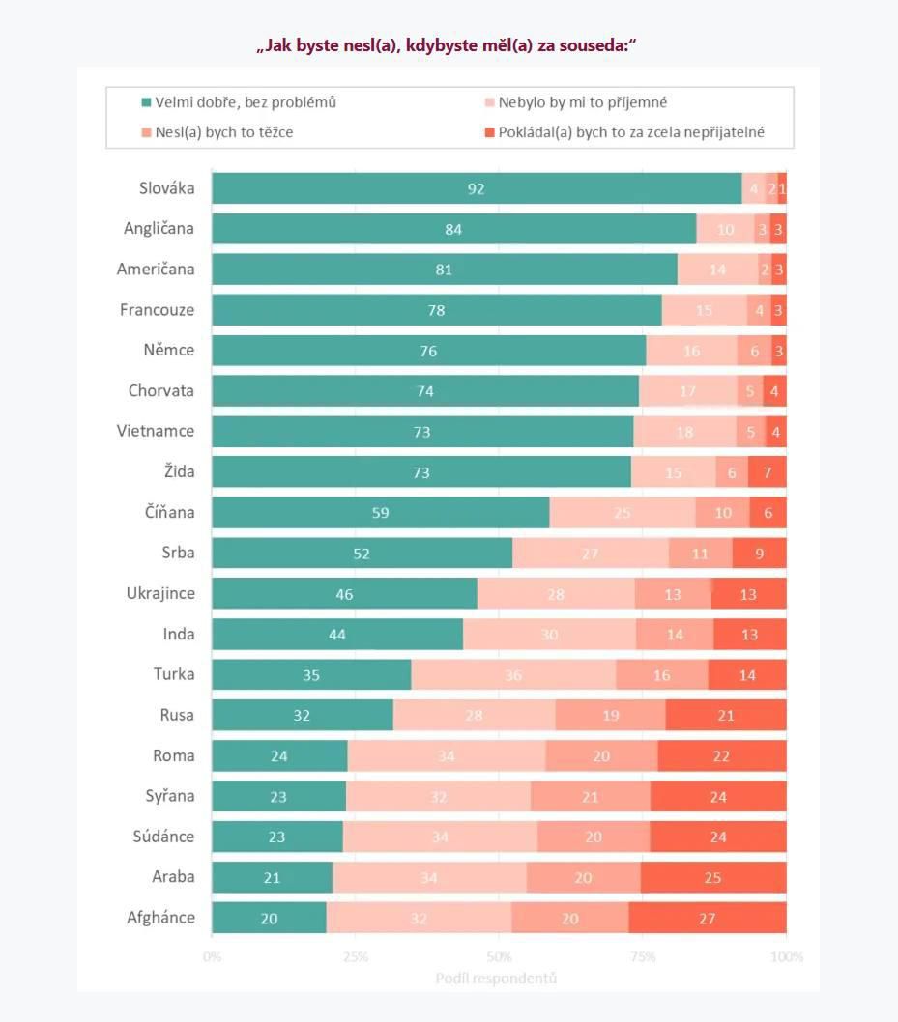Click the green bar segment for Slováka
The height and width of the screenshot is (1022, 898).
click(x=476, y=188)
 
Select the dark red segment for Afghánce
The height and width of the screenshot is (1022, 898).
click(x=708, y=918)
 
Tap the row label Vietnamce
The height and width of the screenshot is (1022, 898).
click(x=156, y=431)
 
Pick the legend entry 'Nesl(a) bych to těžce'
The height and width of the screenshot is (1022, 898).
click(x=223, y=131)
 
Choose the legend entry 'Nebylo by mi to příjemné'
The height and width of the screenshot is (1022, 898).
click(x=582, y=102)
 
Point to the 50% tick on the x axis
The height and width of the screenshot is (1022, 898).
click(x=499, y=957)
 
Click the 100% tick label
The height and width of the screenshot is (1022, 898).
click(x=786, y=957)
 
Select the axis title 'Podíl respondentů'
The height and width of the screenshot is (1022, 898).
click(x=496, y=979)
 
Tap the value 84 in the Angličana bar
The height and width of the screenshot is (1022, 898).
click(x=453, y=229)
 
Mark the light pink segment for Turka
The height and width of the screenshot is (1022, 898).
click(x=513, y=674)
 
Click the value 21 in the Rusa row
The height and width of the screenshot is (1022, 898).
click(x=726, y=715)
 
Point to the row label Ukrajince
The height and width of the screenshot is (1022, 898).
click(x=160, y=593)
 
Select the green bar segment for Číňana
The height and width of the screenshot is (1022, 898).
click(x=381, y=512)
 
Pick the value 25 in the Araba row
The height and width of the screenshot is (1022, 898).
click(x=713, y=877)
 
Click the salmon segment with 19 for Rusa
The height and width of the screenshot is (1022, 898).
click(x=610, y=715)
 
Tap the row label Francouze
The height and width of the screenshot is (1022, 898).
click(x=157, y=310)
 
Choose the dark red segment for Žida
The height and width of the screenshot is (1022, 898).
click(x=767, y=471)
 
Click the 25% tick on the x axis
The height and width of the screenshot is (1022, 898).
click(x=356, y=957)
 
